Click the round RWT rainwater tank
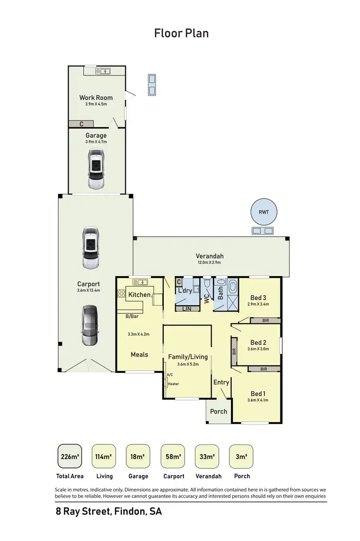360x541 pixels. point(264,212)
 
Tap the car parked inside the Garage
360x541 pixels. point(96,168)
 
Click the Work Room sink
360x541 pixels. point(103,72)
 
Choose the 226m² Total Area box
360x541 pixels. point(70,457)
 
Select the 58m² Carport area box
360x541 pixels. point(173,457)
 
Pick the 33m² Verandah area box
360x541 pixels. point(207,457)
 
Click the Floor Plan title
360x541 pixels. point(181,33)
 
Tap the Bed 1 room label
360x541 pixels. point(258,394)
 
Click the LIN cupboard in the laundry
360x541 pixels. point(187,309)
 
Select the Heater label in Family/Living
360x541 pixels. point(173,384)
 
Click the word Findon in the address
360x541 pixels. point(130,512)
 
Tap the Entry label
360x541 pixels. point(221,382)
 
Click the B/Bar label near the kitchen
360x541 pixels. point(132,316)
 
